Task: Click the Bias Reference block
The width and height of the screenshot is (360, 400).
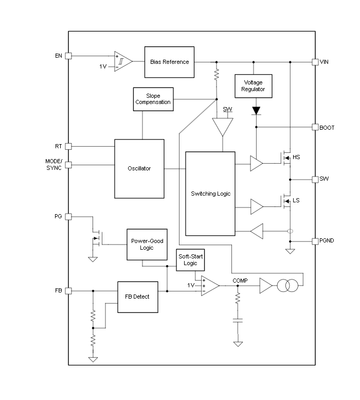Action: tap(169, 62)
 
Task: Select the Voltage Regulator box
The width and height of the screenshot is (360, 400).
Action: tap(253, 86)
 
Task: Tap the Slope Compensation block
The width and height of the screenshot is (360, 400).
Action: tap(153, 99)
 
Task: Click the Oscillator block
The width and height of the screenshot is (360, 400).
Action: tap(139, 168)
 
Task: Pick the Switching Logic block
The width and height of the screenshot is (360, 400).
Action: tap(210, 194)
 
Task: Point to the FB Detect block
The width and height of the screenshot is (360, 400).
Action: tap(137, 297)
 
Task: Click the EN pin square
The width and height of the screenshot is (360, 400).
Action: tap(68, 56)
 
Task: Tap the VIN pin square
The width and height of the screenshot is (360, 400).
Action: tap(315, 62)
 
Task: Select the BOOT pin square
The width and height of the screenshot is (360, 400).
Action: tap(315, 127)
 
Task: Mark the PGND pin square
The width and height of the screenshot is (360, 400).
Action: tap(315, 241)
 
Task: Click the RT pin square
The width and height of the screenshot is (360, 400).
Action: tap(68, 146)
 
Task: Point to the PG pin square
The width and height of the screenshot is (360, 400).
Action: tap(68, 217)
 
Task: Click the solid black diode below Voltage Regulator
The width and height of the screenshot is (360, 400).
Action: tap(256, 110)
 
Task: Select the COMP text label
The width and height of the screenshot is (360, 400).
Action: tap(240, 281)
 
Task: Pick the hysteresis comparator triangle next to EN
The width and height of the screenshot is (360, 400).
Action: tap(122, 62)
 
